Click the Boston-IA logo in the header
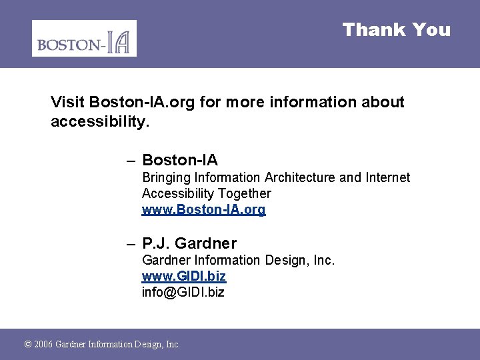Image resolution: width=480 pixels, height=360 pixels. click(84, 38)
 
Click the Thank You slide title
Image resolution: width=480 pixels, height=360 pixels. click(396, 30)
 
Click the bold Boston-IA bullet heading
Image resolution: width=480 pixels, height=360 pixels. click(180, 160)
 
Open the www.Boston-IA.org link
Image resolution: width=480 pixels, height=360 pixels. click(203, 209)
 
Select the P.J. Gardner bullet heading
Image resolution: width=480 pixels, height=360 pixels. click(189, 243)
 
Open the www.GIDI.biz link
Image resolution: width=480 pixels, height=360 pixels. click(183, 276)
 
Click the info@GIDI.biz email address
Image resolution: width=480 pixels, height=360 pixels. click(183, 292)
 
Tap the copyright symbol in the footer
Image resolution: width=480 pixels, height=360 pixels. click(27, 344)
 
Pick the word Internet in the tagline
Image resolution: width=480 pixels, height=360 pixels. click(387, 177)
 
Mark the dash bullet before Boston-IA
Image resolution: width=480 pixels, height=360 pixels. click(131, 160)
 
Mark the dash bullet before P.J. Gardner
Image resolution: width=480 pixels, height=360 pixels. click(131, 243)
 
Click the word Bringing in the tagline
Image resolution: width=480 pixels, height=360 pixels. click(166, 177)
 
